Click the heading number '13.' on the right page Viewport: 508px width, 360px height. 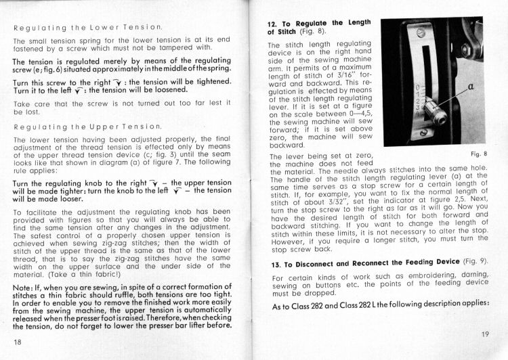[275, 261]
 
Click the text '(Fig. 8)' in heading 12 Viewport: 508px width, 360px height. [305, 32]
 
